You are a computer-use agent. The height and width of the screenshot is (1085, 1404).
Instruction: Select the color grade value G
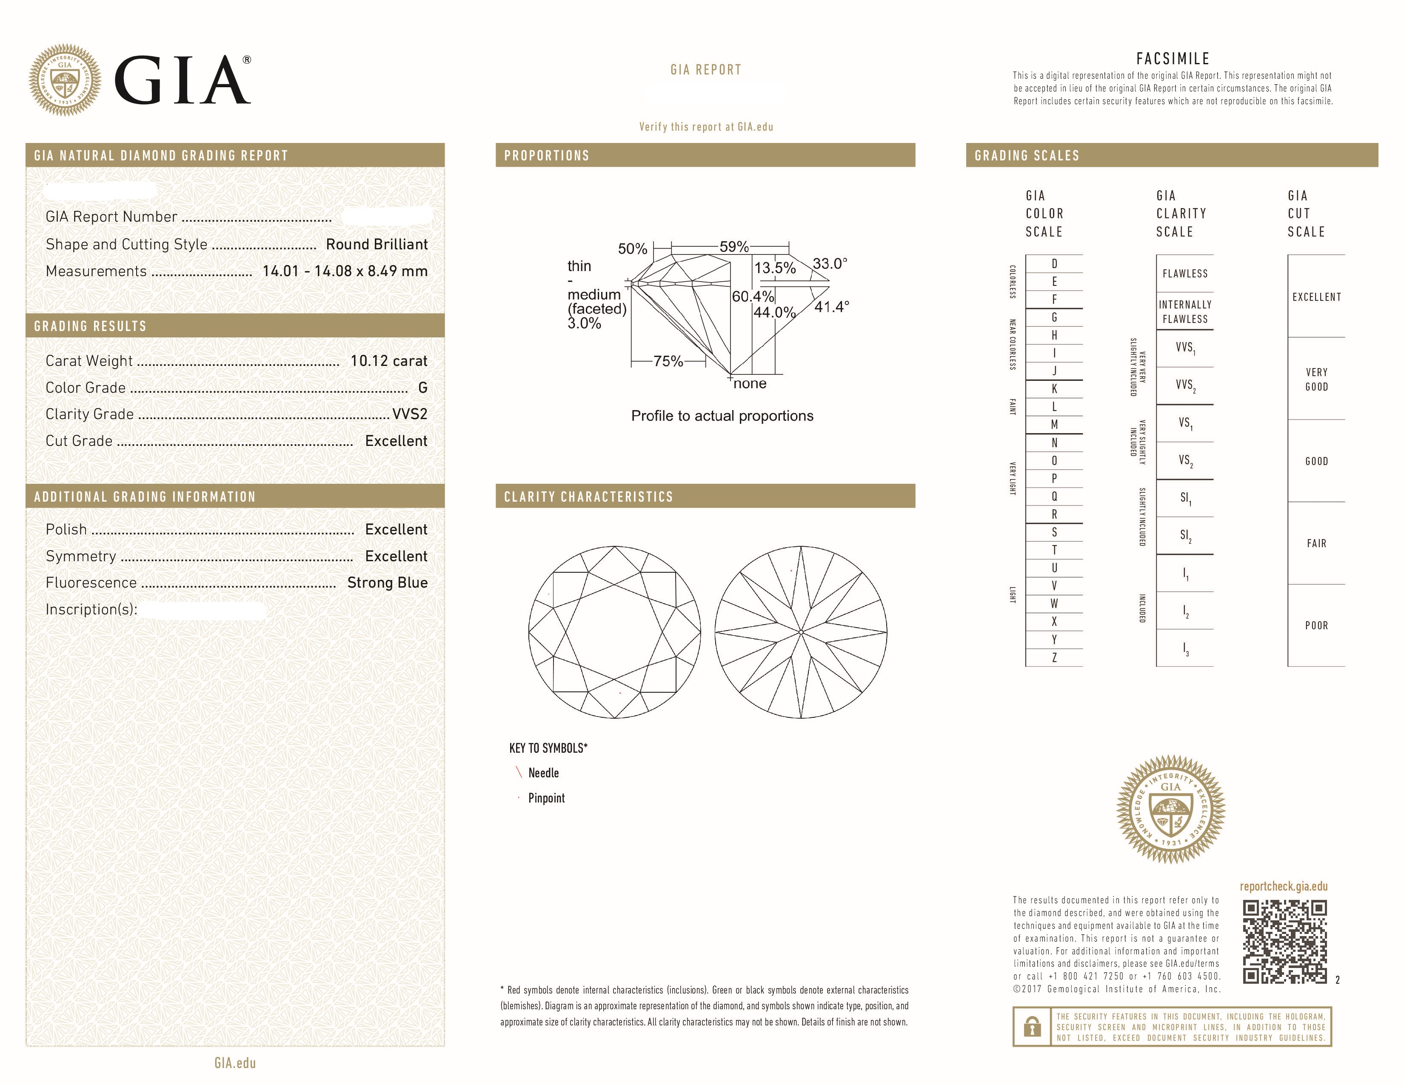[x=422, y=388]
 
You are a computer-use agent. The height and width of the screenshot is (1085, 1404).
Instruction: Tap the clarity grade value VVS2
[x=409, y=414]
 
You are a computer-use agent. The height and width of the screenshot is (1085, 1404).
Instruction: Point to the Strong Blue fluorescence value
[x=387, y=582]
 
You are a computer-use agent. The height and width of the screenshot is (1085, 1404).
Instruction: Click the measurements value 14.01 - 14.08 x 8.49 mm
[x=345, y=271]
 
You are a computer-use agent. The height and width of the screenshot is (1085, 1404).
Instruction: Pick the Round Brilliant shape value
[x=376, y=244]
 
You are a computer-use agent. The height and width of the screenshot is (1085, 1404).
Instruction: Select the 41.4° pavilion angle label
[x=831, y=307]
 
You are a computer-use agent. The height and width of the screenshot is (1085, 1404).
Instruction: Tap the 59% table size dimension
[x=733, y=247]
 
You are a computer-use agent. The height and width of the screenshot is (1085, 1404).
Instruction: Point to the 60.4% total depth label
[x=752, y=296]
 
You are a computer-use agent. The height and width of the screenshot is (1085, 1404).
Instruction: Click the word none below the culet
[x=750, y=384]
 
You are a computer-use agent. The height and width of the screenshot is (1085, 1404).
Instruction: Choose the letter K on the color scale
[x=1054, y=389]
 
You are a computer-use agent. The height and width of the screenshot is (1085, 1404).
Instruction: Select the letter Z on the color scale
[x=1054, y=657]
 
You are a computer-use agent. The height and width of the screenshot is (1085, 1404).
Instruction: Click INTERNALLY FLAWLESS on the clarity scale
[x=1185, y=312]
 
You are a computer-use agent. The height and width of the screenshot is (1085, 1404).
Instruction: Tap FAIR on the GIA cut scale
[x=1316, y=543]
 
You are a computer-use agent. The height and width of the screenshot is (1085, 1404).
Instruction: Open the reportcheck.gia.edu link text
[x=1283, y=886]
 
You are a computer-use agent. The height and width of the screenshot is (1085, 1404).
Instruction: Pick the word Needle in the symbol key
[x=543, y=773]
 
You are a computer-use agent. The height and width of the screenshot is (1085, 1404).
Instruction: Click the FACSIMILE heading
[x=1173, y=58]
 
